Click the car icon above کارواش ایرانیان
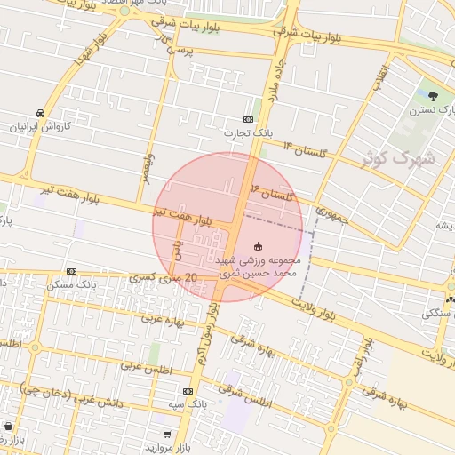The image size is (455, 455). point(41,113)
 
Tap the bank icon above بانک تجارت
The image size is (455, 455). point(248,120)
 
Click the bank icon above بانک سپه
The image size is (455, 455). point(188,391)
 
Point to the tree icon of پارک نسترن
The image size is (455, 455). point(434,97)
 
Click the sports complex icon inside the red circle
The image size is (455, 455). point(259,245)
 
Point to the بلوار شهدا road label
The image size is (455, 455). point(90,49)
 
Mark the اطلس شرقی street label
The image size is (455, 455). point(248,396)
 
